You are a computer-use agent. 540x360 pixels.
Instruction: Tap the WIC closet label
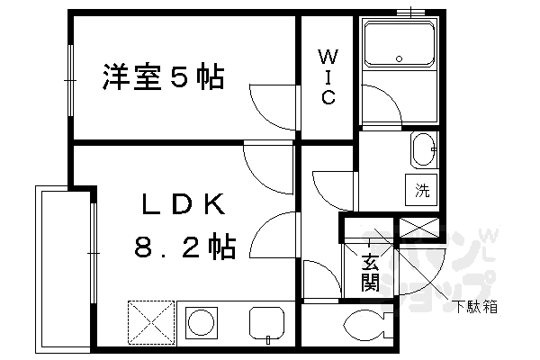(x=328, y=77)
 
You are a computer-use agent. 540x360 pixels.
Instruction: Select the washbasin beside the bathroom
(x=422, y=150)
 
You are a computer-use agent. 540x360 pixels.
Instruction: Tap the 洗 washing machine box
(x=423, y=190)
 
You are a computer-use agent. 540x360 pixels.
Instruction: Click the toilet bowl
(x=364, y=323)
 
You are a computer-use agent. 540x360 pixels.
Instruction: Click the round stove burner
(x=203, y=322)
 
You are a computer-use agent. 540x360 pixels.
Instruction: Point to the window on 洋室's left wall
(x=69, y=80)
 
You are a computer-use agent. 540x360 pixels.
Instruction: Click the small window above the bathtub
(x=413, y=12)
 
